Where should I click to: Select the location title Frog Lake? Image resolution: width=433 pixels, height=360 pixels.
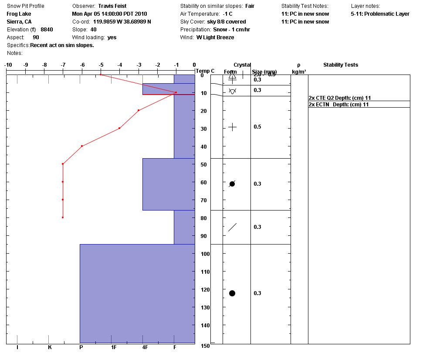click(19, 14)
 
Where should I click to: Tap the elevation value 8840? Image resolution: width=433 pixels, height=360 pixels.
click(47, 30)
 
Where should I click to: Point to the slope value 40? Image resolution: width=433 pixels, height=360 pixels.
click(94, 30)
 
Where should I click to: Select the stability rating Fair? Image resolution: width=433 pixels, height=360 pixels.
click(250, 6)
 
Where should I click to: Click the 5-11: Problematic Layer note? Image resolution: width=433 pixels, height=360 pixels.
click(380, 14)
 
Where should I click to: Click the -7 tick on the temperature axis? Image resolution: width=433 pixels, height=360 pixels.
click(63, 65)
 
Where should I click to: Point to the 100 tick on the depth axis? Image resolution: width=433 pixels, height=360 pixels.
click(205, 254)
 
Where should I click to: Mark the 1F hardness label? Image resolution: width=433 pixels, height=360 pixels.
click(114, 347)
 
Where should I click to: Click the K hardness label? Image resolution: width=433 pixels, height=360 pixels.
click(50, 347)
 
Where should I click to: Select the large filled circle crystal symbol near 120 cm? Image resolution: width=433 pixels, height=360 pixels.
click(232, 293)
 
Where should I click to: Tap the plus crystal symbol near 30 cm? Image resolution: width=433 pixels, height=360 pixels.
click(232, 127)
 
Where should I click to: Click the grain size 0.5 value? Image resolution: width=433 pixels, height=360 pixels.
click(257, 127)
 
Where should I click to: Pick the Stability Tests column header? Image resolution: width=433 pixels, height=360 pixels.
click(341, 65)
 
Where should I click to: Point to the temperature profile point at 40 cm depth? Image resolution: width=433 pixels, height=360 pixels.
click(82, 146)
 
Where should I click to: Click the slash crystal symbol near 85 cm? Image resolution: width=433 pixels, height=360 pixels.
click(232, 227)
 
